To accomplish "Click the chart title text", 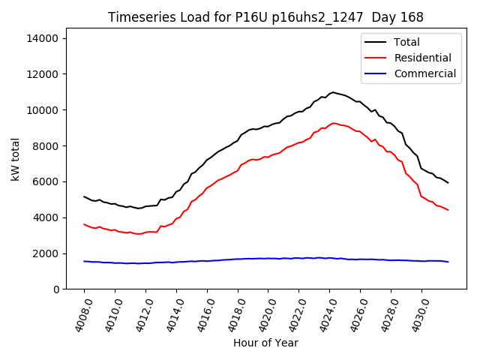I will point(265,17).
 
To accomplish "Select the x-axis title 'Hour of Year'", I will point(265,343).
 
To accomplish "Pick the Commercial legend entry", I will point(424,73).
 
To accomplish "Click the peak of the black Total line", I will point(333,92).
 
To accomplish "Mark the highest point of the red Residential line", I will point(334,123).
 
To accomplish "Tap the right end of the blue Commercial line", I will point(448,262).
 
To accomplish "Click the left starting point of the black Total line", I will point(84,196).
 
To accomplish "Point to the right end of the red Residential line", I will point(448,210).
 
